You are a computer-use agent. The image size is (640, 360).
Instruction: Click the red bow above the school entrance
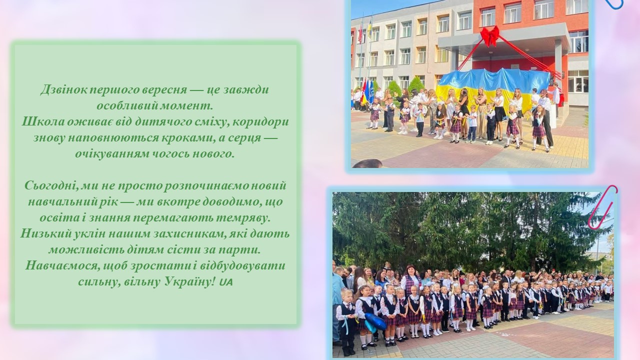pos(490,35)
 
